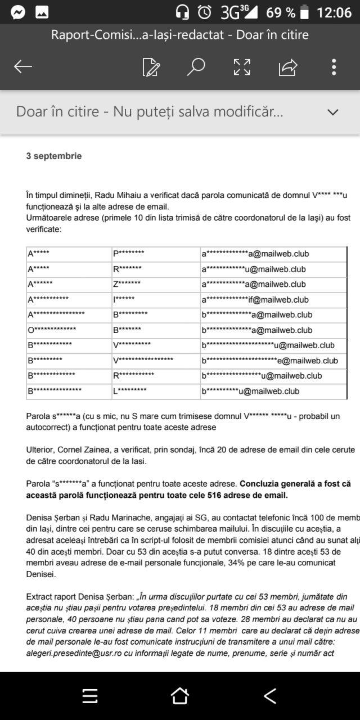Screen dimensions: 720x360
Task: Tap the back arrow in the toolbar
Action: pyautogui.click(x=23, y=67)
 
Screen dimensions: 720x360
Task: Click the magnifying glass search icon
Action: pyautogui.click(x=196, y=67)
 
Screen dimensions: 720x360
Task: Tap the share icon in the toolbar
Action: pyautogui.click(x=287, y=67)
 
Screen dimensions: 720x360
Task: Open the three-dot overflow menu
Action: pyautogui.click(x=334, y=67)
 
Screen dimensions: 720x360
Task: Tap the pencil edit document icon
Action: pyautogui.click(x=151, y=67)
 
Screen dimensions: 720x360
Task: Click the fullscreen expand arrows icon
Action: pyautogui.click(x=242, y=67)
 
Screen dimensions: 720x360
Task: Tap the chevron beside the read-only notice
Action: pyautogui.click(x=333, y=112)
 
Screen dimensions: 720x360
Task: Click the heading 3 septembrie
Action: pyautogui.click(x=54, y=156)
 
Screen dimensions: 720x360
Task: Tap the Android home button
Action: pyautogui.click(x=179, y=696)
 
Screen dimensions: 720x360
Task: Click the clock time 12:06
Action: pyautogui.click(x=334, y=12)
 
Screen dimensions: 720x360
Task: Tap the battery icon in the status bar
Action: pyautogui.click(x=304, y=12)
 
